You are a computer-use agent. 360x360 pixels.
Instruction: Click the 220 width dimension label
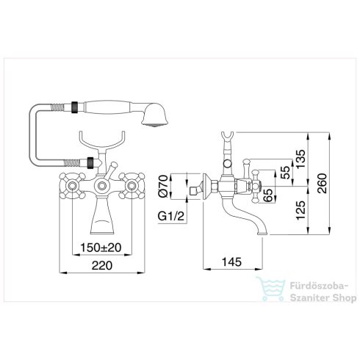[x=102, y=265]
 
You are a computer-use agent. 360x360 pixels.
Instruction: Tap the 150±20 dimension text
[x=101, y=248]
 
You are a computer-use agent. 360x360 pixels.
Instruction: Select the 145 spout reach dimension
[x=231, y=262]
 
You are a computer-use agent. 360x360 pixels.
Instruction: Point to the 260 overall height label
[x=323, y=183]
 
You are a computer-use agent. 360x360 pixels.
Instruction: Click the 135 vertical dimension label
[x=300, y=159]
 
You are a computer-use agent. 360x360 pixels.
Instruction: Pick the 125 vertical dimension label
[x=300, y=210]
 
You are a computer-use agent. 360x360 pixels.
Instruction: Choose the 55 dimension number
[x=284, y=173]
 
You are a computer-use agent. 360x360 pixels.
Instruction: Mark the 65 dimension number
[x=269, y=195]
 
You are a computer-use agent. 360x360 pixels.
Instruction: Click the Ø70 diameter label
[x=163, y=186]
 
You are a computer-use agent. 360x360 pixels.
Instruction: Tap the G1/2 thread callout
[x=171, y=216]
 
